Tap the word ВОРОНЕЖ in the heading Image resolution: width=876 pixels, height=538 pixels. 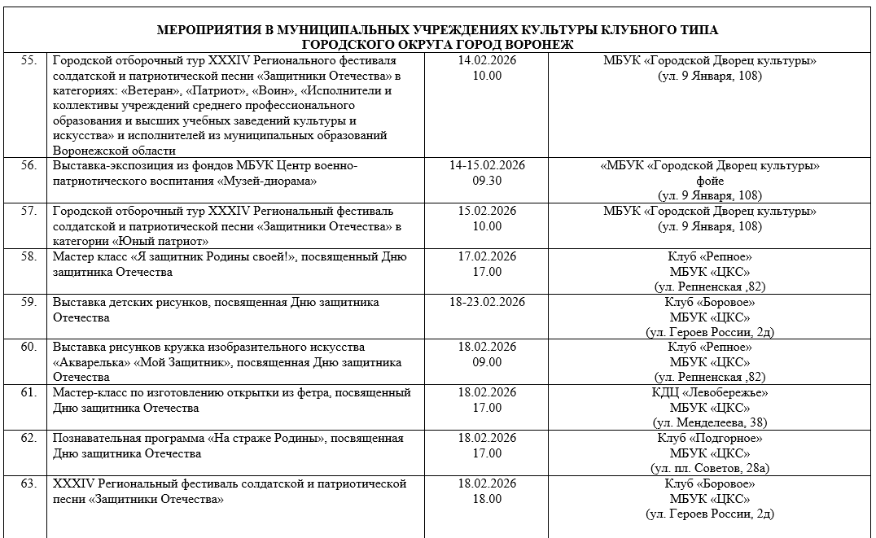[537, 45]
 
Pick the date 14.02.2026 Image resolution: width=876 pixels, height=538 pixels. [487, 61]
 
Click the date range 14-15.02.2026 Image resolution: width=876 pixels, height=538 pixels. [487, 165]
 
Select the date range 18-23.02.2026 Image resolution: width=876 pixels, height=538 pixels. [487, 303]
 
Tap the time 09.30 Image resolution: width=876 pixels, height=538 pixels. [487, 180]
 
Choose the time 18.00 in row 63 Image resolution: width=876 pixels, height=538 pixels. [487, 498]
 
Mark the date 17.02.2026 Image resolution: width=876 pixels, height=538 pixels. [487, 257]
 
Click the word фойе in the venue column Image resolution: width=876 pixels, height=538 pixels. [709, 180]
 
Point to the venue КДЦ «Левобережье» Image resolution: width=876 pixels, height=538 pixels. [709, 392]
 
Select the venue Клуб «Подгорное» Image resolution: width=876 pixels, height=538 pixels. [709, 438]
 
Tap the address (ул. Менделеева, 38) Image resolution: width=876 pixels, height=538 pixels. [709, 422]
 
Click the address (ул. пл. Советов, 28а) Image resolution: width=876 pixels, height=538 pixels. [709, 468]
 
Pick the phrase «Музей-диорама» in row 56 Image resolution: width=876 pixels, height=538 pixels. [268, 180]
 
